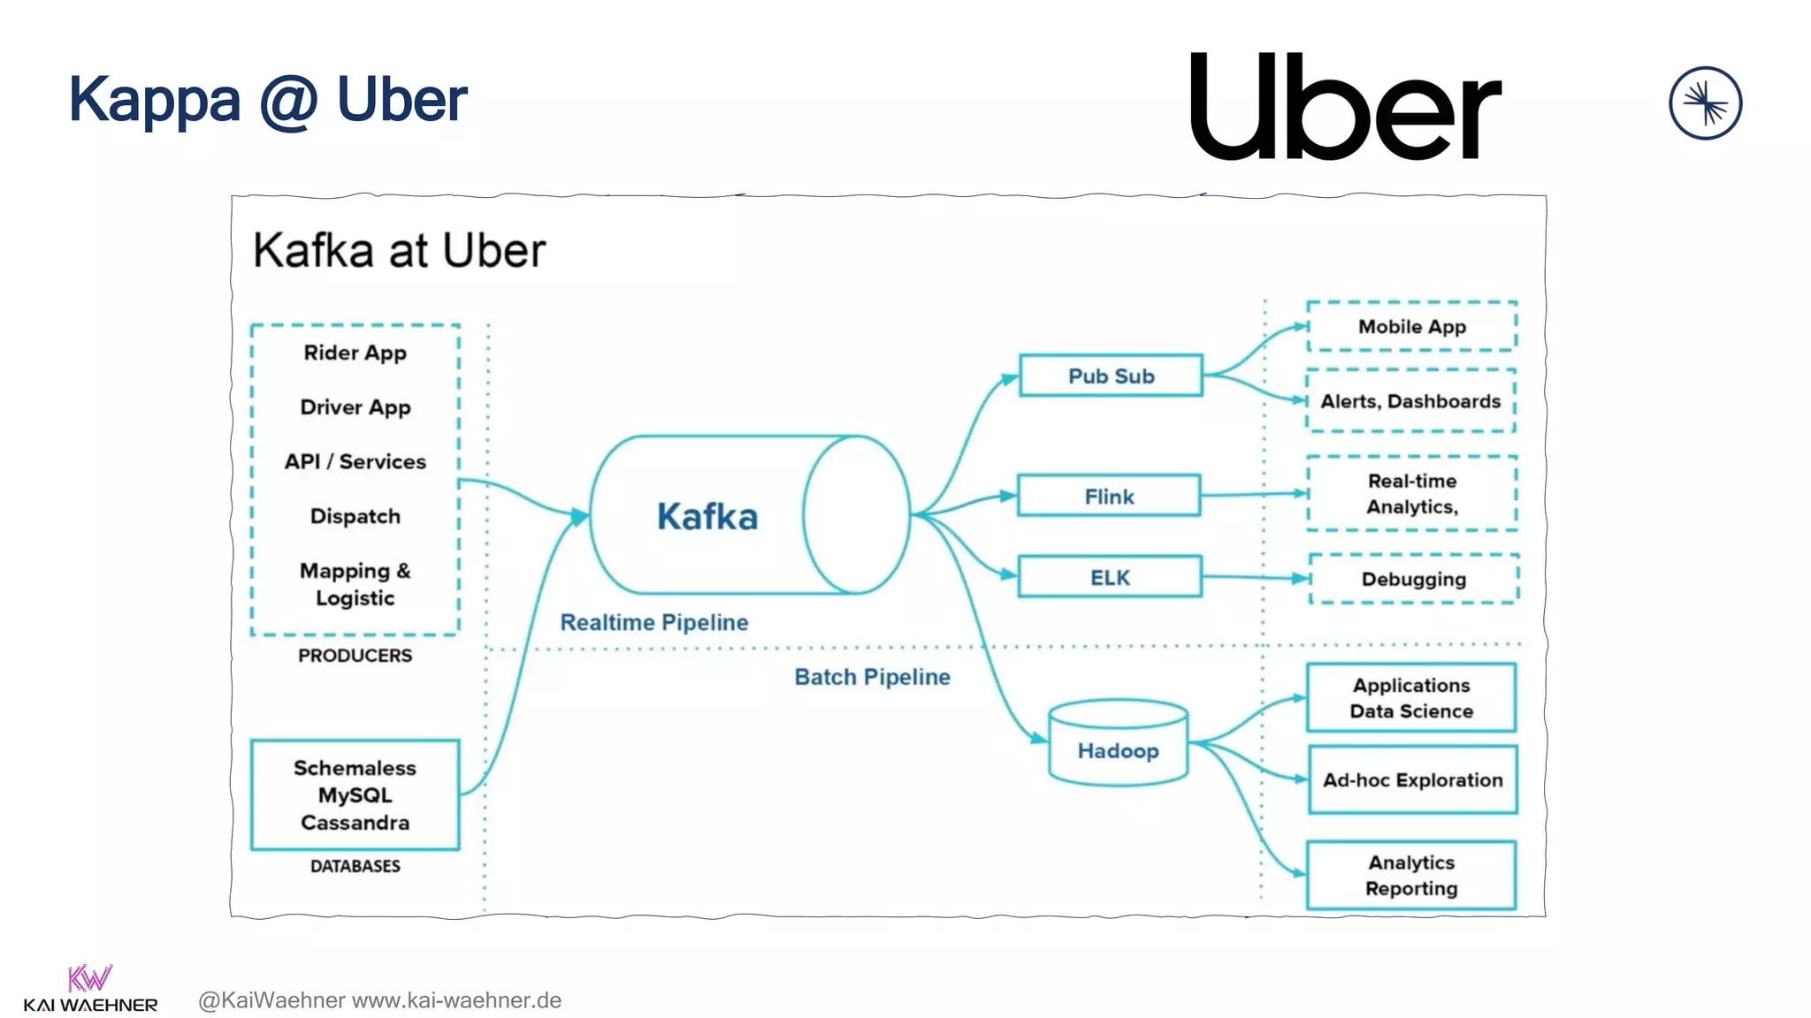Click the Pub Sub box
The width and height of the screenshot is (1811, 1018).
point(1111,376)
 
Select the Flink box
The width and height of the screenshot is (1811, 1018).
point(1109,496)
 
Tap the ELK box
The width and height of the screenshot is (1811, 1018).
point(1110,577)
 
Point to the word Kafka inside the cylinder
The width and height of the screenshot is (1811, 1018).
point(707,516)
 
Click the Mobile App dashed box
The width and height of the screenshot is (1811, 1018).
point(1411,326)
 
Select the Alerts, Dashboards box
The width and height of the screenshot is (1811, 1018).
point(1410,401)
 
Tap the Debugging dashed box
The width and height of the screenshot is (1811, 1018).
point(1413,579)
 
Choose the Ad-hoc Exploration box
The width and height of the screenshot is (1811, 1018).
point(1412,779)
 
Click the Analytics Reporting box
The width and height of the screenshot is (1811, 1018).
point(1410,875)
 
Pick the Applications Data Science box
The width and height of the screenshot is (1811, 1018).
point(1410,698)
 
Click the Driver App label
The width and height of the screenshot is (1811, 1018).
point(355,407)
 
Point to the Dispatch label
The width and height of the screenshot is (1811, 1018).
point(355,516)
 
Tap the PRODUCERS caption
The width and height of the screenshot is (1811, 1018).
point(355,656)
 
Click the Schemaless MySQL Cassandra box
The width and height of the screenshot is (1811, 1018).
point(355,794)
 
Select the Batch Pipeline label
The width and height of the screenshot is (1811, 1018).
point(872,677)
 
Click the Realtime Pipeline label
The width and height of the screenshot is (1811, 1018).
point(653,622)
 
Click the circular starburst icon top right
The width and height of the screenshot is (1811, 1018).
point(1705,103)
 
